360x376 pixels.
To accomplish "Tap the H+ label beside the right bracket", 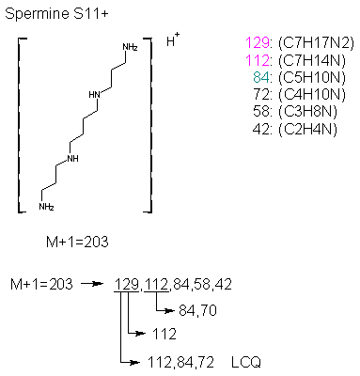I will [x=173, y=41].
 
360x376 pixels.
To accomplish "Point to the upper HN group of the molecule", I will [x=93, y=94].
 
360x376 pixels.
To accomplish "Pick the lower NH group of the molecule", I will [x=73, y=158].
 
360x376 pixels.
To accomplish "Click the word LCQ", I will [x=248, y=360].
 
